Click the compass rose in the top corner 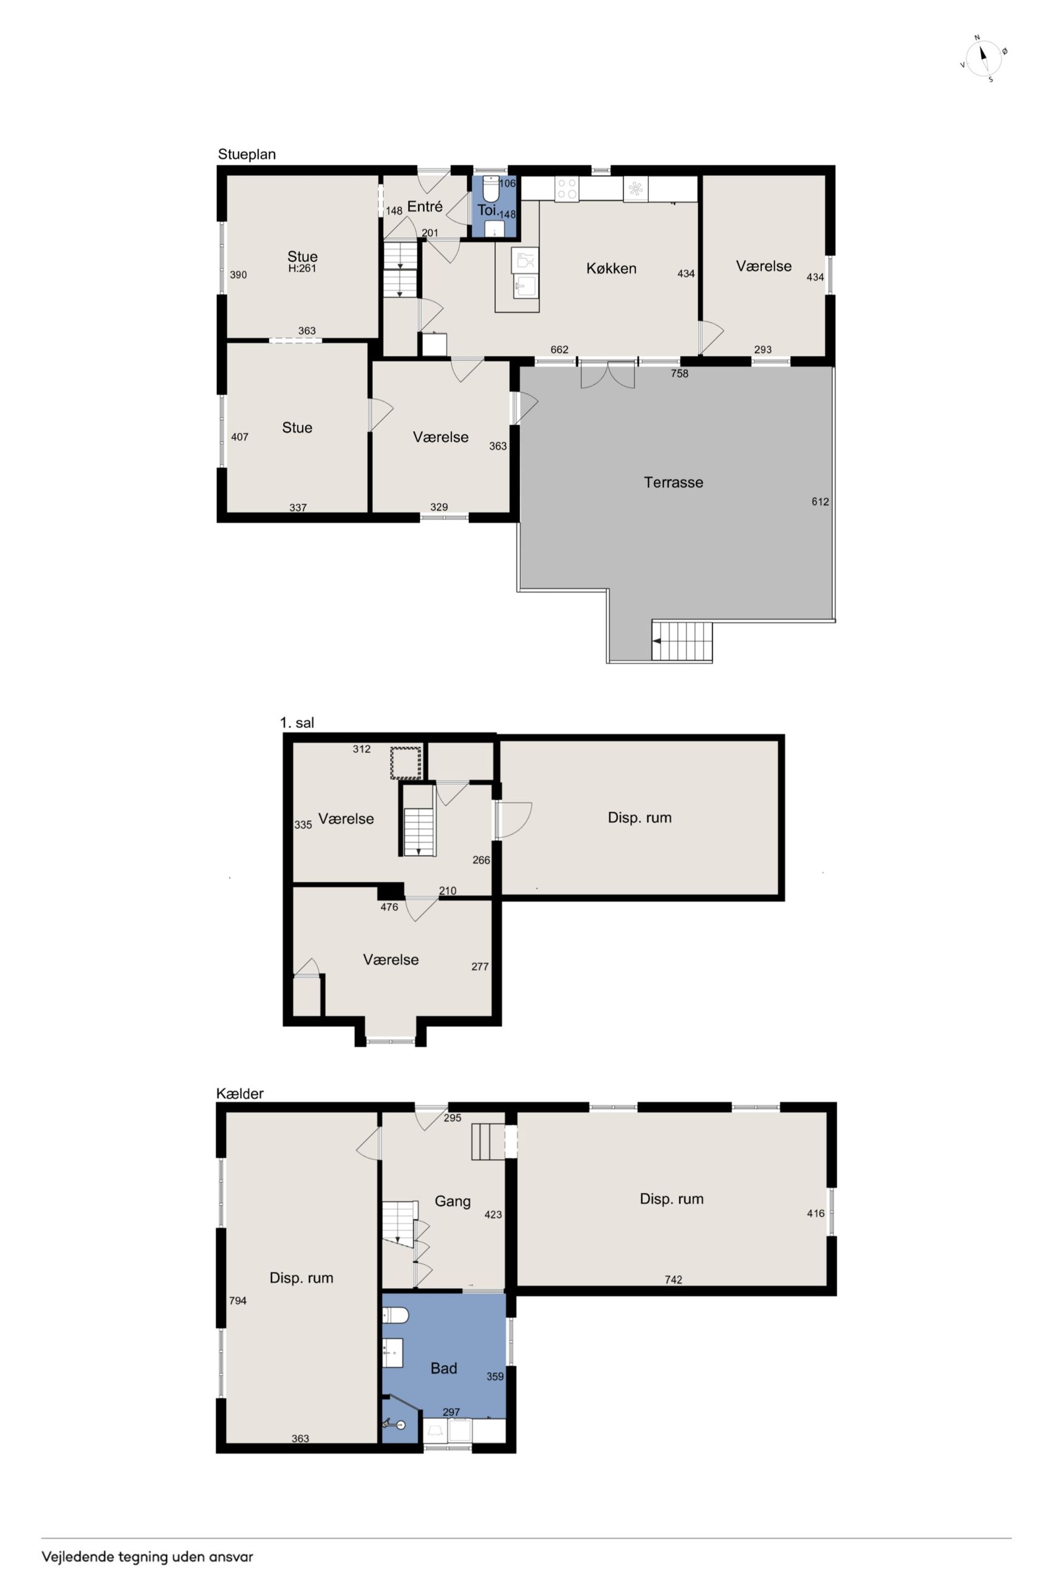point(984,58)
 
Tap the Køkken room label point(611,269)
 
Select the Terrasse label point(674,482)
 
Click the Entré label point(425,207)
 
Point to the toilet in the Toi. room point(492,190)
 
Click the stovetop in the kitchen point(567,188)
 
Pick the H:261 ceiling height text point(302,269)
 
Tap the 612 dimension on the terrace point(820,501)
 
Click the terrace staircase point(682,641)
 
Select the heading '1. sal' point(297,723)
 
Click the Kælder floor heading point(240,1094)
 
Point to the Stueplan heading point(247,154)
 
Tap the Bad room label point(444,1369)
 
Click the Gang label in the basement point(453,1201)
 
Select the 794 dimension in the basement point(238,1300)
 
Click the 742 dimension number point(674,1280)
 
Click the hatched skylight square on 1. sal point(406,763)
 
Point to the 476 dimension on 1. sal point(389,907)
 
